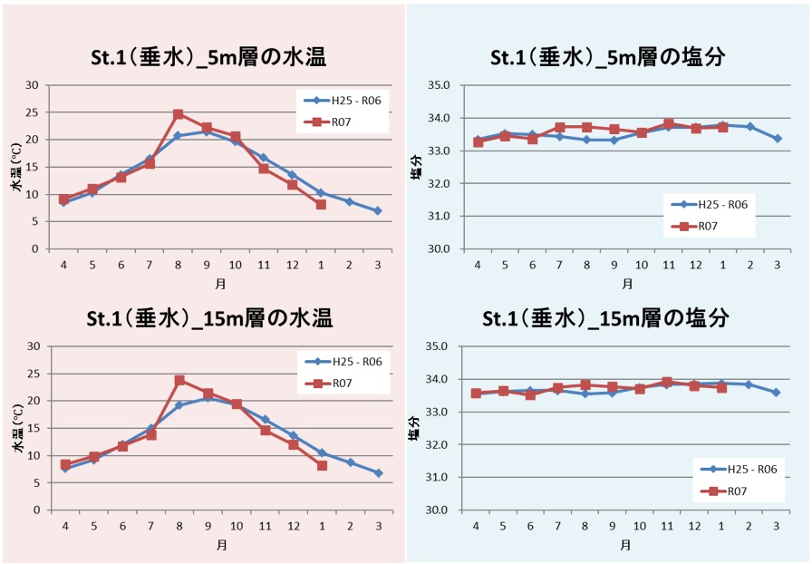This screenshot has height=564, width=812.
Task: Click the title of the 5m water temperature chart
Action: point(207,58)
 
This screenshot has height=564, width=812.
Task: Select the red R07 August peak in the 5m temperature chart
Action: point(179,114)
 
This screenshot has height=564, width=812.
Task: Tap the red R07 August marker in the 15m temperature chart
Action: point(179,380)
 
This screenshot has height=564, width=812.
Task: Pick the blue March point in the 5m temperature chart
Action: point(377,210)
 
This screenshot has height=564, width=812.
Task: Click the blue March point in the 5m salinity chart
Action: point(778,139)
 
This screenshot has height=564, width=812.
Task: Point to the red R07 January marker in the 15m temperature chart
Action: point(321,465)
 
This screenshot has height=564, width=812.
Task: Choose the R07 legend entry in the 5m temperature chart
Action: point(342,121)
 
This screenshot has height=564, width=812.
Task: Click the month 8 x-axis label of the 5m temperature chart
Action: point(179,265)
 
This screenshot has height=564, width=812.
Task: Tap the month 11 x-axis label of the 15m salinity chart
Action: point(667,526)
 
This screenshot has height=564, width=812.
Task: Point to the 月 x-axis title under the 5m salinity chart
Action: point(626,284)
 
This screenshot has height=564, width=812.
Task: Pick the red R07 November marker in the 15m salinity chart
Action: point(667,383)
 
